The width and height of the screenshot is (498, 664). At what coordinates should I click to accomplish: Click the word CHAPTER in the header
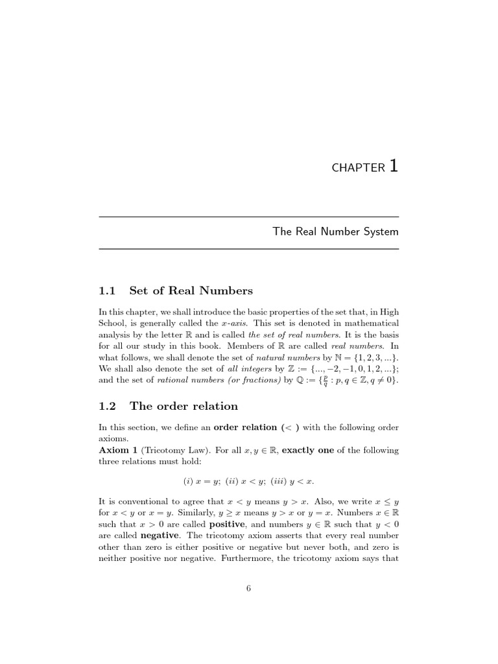click(x=358, y=168)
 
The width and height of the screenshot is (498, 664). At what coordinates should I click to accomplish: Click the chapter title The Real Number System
click(x=335, y=231)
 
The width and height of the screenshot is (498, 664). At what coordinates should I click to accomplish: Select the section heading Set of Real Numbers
click(x=191, y=290)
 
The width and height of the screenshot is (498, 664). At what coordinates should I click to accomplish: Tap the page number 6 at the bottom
click(x=248, y=588)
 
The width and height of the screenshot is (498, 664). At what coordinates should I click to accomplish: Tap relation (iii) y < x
click(x=291, y=481)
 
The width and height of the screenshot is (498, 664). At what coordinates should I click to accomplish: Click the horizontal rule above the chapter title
click(x=248, y=217)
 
